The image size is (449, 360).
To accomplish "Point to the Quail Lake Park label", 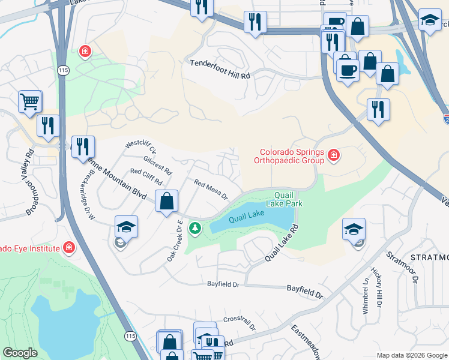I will click(288, 199).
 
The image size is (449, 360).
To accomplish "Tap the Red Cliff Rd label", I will click(146, 177).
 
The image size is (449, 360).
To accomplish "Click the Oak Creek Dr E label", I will click(175, 241).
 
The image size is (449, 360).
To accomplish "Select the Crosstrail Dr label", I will click(239, 324).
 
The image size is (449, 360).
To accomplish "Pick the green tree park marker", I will click(194, 228).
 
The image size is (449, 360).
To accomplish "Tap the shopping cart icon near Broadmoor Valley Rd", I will click(30, 101).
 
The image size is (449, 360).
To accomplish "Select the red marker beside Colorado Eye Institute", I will click(69, 248).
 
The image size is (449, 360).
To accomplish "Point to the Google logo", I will click(20, 353).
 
